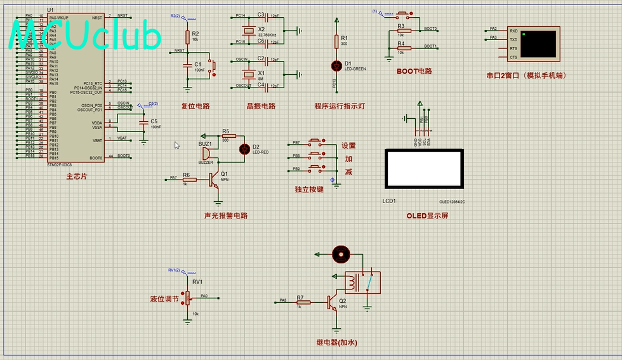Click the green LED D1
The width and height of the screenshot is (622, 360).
point(337,65)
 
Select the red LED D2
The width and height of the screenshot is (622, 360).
point(244,149)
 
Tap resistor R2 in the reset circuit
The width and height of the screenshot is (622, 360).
point(187,36)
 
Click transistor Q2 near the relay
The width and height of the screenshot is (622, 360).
point(333,302)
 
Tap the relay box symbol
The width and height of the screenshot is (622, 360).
point(362,283)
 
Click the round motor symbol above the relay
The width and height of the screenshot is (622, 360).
point(341,254)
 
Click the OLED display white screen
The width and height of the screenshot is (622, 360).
point(425,169)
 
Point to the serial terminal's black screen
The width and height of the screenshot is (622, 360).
point(539,43)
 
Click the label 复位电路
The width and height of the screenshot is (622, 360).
point(195,106)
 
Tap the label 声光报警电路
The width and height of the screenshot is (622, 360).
point(226,215)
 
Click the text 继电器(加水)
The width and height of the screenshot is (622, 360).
point(336,343)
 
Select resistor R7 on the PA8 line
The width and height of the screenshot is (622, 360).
point(303,302)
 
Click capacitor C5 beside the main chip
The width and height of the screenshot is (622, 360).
point(143,122)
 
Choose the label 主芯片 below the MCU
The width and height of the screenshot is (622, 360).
point(76,177)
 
